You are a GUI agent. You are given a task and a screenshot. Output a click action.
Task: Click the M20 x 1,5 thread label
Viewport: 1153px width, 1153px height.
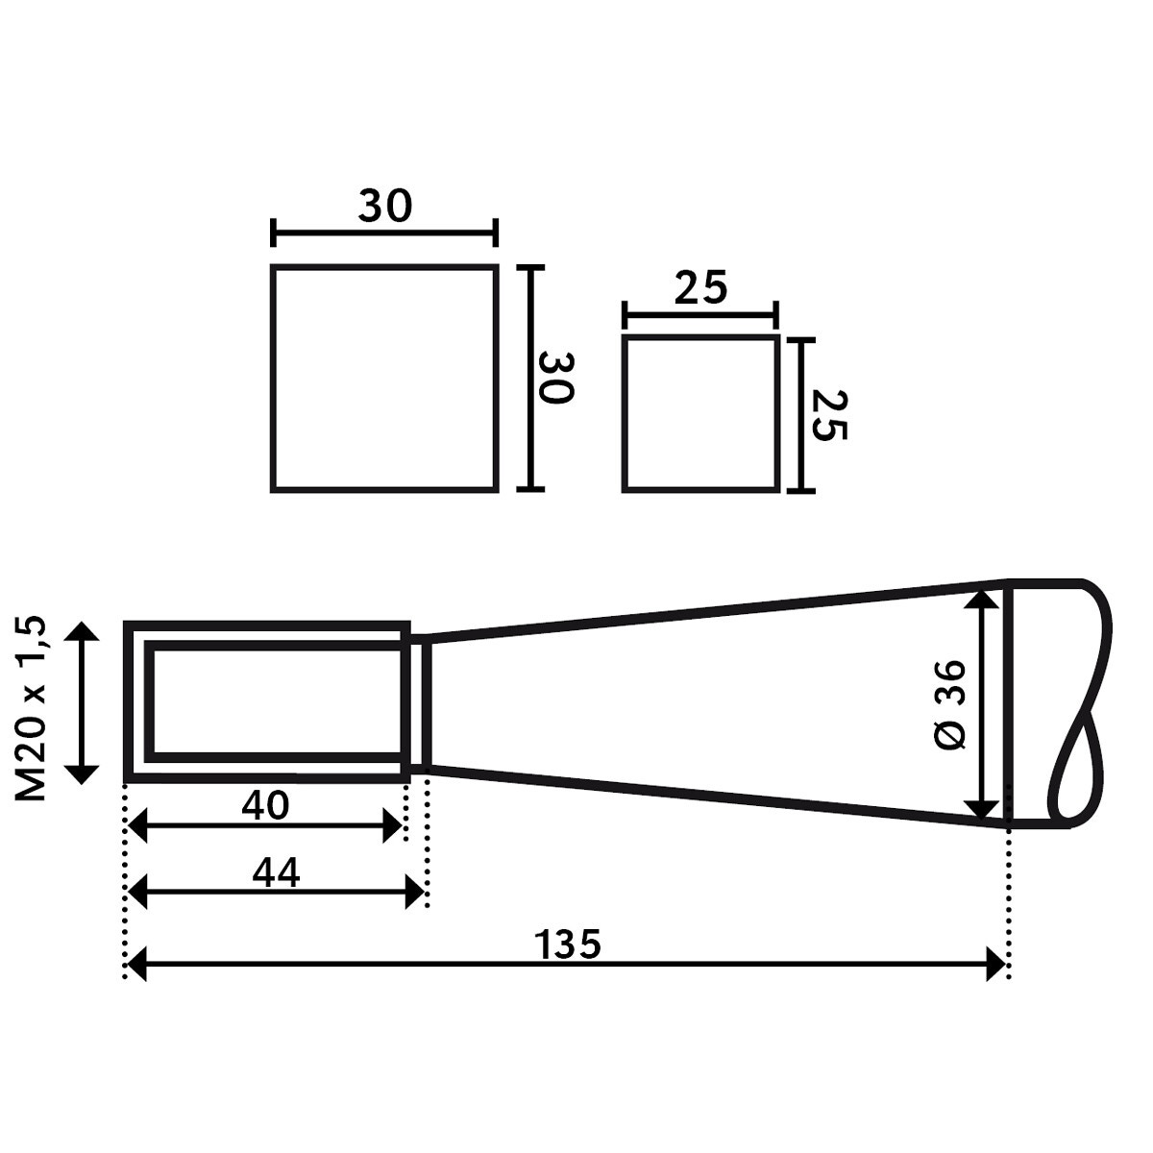30,708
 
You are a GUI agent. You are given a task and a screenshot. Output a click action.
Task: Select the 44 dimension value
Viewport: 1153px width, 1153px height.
275,873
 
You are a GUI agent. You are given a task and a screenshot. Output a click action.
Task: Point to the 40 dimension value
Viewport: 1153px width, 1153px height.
265,806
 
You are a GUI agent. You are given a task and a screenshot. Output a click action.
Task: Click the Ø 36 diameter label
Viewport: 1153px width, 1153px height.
949,705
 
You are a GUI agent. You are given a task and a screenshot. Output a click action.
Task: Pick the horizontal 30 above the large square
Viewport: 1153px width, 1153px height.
384,206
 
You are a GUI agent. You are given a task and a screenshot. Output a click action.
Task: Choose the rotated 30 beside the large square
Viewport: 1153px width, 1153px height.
556,378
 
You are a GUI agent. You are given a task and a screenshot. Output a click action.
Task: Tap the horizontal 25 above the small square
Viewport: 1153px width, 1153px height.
700,288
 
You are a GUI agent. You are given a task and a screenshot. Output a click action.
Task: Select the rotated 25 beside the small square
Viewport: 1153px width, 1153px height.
830,416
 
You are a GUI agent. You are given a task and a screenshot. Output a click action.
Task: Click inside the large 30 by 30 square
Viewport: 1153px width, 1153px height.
384,379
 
